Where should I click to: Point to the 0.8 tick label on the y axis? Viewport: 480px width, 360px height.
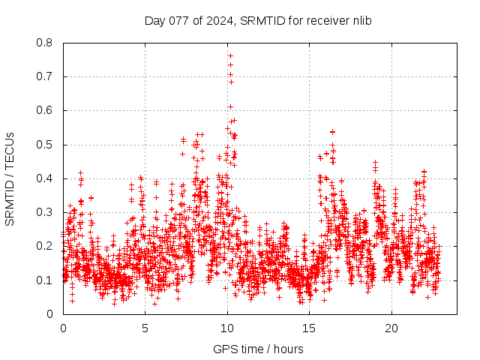pos(45,43)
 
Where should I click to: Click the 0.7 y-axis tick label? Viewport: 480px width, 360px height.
pos(45,76)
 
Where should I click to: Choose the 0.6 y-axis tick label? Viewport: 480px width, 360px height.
pos(45,110)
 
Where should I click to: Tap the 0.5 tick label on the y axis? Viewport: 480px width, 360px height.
pos(45,145)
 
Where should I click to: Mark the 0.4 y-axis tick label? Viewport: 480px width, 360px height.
pos(45,178)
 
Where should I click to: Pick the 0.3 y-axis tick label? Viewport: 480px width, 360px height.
pos(45,212)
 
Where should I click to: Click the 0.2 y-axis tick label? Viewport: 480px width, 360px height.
pos(45,246)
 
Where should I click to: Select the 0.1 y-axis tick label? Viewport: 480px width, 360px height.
pos(45,280)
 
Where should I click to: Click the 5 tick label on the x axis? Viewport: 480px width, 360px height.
pos(145,328)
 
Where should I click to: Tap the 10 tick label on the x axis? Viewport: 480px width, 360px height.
pos(227,328)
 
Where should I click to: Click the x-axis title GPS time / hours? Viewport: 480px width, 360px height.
pos(258,349)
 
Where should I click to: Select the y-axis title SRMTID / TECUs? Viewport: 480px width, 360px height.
pos(10,178)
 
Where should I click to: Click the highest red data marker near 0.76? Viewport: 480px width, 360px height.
pos(230,55)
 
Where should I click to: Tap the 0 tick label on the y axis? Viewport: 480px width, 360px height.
pos(50,313)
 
